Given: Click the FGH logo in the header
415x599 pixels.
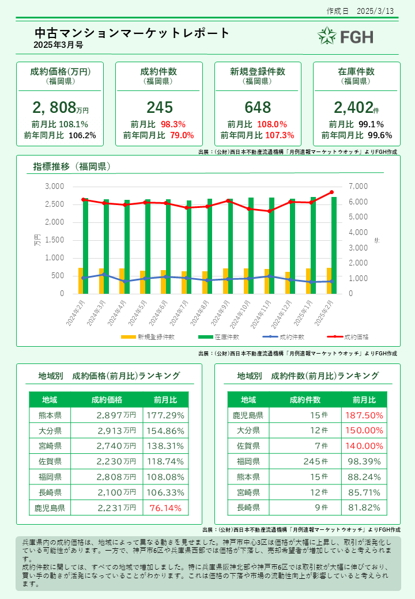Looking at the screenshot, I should click(x=345, y=36).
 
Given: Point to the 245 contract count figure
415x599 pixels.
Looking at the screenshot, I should click(x=159, y=107).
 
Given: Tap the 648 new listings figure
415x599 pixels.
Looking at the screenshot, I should click(x=257, y=107).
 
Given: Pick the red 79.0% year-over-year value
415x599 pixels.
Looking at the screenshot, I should click(x=182, y=135).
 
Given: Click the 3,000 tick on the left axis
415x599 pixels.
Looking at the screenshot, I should click(x=55, y=187).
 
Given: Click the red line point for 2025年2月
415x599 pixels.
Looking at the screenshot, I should click(x=331, y=192).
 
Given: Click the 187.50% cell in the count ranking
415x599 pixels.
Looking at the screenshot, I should click(x=364, y=415).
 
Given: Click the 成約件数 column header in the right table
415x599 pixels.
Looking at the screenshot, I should click(x=305, y=400).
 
